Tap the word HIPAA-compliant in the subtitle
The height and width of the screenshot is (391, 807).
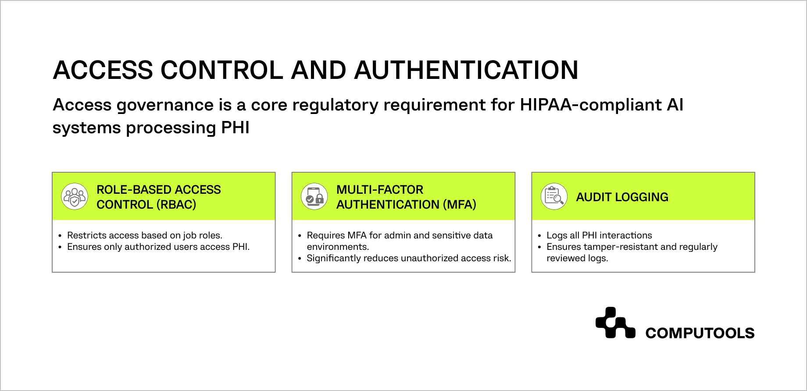click(588, 105)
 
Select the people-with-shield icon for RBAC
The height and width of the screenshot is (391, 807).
click(75, 196)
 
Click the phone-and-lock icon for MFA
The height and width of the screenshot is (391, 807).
click(314, 196)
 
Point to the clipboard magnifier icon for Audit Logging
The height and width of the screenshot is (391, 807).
click(554, 196)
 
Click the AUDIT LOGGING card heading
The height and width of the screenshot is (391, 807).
click(622, 197)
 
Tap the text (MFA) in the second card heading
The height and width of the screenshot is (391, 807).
click(459, 205)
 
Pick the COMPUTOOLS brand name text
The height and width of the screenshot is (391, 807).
click(700, 333)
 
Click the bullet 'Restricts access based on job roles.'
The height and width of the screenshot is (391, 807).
click(145, 235)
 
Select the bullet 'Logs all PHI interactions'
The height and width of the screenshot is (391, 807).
click(599, 235)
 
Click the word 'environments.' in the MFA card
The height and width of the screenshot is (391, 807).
click(338, 247)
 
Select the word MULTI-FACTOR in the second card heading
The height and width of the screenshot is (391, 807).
click(380, 190)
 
